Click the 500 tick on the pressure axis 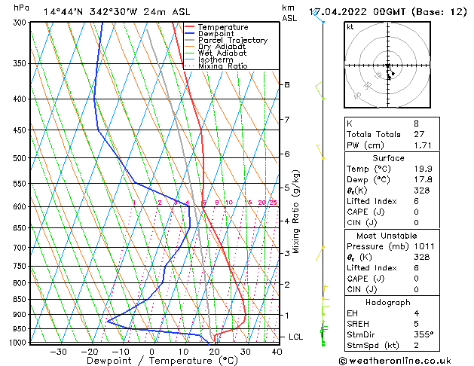(x=21, y=158)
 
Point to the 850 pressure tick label (x=21, y=299)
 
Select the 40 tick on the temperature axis (x=277, y=351)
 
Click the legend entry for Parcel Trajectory (x=232, y=41)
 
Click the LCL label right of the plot (x=295, y=337)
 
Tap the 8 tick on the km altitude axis (x=286, y=85)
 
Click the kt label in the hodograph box (x=350, y=27)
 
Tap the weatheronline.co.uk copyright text (x=405, y=360)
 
